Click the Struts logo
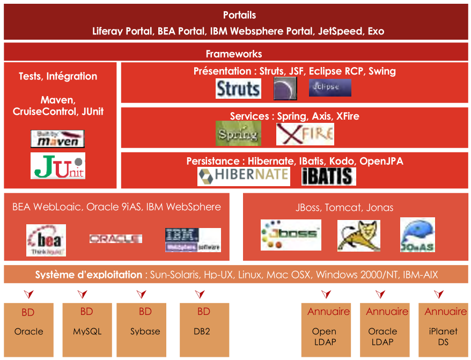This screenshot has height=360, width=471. pyautogui.click(x=238, y=89)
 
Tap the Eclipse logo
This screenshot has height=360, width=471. pyautogui.click(x=330, y=87)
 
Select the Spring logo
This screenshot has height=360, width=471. pyautogui.click(x=238, y=133)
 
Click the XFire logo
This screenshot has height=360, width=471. pyautogui.click(x=305, y=134)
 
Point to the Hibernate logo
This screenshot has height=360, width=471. pyautogui.click(x=244, y=176)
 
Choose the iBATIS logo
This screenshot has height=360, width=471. pyautogui.click(x=328, y=176)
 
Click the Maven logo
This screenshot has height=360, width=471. pyautogui.click(x=58, y=138)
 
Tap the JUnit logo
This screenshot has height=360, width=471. pyautogui.click(x=58, y=166)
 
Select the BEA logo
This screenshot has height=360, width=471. pyautogui.click(x=46, y=240)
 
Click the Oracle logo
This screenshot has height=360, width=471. pyautogui.click(x=115, y=239)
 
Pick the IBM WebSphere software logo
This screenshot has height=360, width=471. pyautogui.click(x=193, y=240)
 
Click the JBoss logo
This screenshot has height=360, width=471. pyautogui.click(x=291, y=234)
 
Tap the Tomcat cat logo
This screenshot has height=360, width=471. pyautogui.click(x=359, y=236)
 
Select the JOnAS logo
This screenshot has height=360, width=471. pyautogui.click(x=417, y=234)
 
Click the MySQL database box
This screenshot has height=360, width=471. pyautogui.click(x=87, y=329)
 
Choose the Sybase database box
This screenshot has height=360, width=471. pyautogui.click(x=145, y=329)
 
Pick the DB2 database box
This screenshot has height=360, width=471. pyautogui.click(x=203, y=329)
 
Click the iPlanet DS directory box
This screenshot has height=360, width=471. pyautogui.click(x=443, y=329)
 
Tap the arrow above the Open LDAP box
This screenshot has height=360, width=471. pyautogui.click(x=326, y=294)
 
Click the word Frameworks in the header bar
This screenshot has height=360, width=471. pyautogui.click(x=234, y=54)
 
